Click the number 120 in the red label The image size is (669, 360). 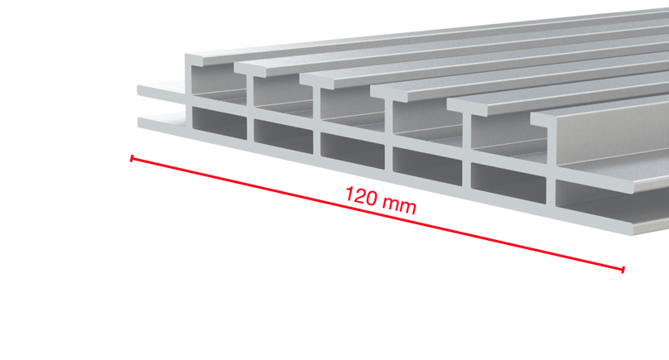tap(361, 196)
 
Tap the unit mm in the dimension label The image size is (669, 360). tap(399, 205)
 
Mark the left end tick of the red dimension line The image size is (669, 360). tap(132, 158)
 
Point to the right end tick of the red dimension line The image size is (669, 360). tap(623, 269)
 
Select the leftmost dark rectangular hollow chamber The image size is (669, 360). tap(219, 122)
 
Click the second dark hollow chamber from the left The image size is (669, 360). tap(283, 136)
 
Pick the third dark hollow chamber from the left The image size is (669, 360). tap(353, 151)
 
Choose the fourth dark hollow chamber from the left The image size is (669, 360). tap(427, 166)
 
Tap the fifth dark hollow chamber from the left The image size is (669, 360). tap(508, 183)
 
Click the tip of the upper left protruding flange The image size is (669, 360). tap(139, 90)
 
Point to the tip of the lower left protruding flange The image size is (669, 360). tap(140, 122)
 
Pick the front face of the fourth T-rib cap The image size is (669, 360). tap(388, 94)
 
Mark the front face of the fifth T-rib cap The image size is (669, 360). tap(466, 107)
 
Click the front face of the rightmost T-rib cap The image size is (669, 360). tap(543, 120)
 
